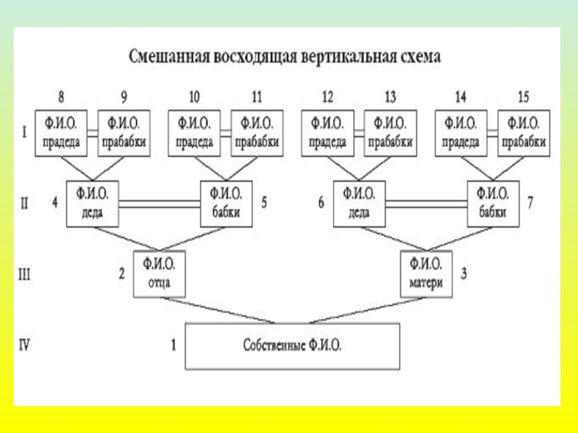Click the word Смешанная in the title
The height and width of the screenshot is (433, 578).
pos(169,56)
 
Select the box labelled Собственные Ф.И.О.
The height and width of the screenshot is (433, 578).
pos(292,346)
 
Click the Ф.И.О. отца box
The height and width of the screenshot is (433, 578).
pos(158,274)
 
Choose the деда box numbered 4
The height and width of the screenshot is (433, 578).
pos(92,203)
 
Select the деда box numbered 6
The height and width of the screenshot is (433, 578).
pos(358,203)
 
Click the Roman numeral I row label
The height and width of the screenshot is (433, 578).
pos(24,132)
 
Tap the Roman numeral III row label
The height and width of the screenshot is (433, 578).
pos(24,274)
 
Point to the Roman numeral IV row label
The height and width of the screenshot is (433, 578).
pos(24,345)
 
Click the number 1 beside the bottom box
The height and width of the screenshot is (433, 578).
pos(173,345)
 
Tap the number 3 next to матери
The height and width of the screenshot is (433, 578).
pos(464,274)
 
